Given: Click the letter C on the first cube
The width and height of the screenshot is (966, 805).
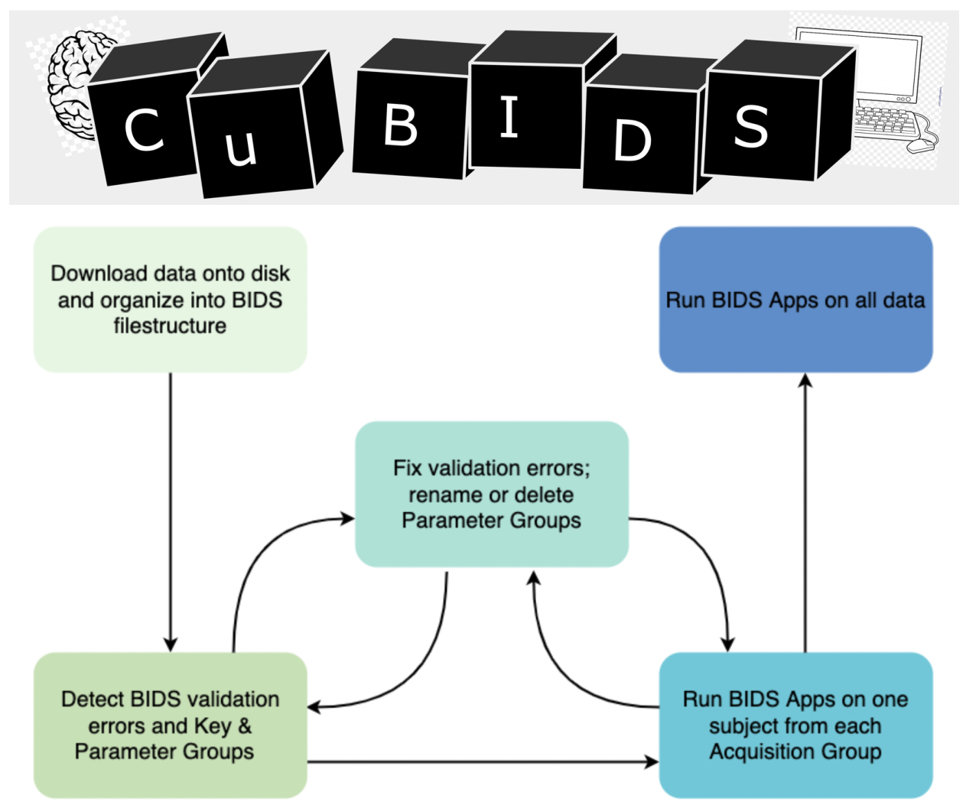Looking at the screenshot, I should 144,129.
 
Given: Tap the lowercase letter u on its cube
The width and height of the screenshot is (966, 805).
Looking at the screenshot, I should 241,145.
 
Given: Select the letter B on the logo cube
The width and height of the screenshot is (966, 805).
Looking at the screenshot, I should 401,125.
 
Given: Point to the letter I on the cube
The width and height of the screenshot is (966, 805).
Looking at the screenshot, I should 509,118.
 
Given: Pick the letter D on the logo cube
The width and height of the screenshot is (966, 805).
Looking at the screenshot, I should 633,141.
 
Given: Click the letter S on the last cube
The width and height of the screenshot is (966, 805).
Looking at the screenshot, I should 751,126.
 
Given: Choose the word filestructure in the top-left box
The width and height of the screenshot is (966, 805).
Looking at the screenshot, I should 170,326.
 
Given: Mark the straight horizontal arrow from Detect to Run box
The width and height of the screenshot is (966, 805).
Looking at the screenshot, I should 482,761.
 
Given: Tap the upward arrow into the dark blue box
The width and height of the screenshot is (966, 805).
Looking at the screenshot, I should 805,512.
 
